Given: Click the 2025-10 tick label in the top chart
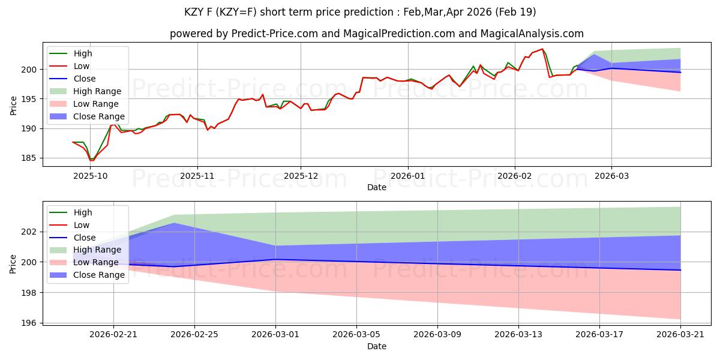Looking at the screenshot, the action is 91,176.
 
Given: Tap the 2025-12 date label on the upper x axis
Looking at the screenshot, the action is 301,176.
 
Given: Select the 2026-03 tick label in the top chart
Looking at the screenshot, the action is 611,176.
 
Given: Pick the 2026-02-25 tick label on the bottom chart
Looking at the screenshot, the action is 194,335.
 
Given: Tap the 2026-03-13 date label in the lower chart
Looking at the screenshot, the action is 518,335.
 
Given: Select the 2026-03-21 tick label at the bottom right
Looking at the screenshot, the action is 680,335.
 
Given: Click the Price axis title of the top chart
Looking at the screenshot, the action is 13,106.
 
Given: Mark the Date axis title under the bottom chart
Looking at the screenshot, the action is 377,347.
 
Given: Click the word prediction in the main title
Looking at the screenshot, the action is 368,12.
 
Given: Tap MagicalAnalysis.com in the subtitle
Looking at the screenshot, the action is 532,34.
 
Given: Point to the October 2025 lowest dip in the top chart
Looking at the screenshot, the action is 92,160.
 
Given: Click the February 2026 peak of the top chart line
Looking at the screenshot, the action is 542,49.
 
